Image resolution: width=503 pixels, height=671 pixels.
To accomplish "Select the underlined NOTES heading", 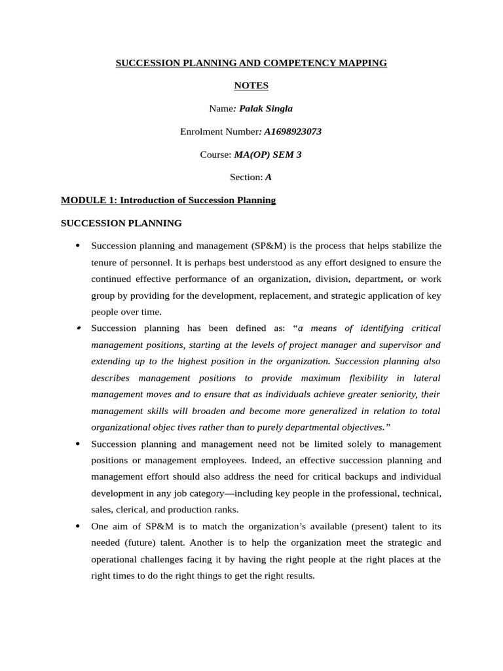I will coord(251,86).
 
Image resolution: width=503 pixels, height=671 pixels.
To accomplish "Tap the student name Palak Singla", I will coord(266,109).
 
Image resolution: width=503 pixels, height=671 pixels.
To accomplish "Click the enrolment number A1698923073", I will coord(291,132).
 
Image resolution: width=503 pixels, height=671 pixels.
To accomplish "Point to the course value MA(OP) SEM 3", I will coord(268,155).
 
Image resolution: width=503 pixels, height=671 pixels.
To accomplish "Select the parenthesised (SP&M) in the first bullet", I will coord(269,246).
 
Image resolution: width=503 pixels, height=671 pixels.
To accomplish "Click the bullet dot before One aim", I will coord(78,526).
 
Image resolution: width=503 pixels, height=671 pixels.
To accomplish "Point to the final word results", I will coord(300,576).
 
